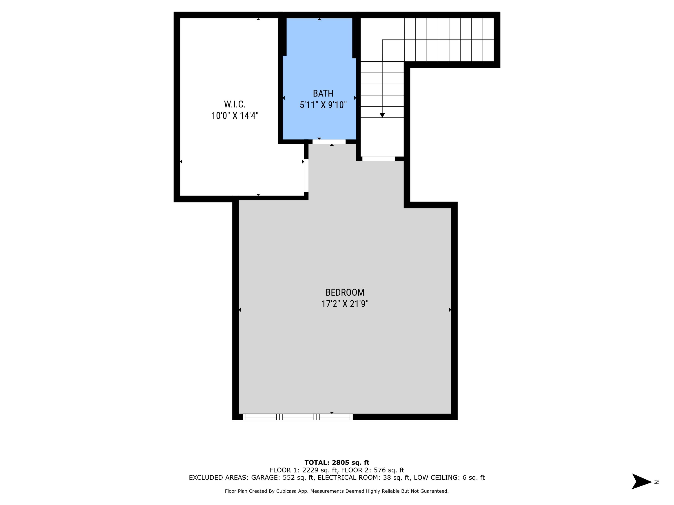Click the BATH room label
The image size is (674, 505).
323,93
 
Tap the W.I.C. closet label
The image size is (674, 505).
235,104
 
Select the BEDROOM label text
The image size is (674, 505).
345,292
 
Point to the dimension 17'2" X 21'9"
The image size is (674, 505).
345,304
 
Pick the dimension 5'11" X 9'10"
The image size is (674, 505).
323,105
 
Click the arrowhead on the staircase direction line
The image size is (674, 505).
382,115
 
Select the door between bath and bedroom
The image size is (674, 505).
329,142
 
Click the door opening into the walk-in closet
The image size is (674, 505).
306,175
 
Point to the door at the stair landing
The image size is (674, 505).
378,159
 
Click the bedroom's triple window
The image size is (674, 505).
298,417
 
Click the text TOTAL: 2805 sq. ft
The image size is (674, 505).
337,463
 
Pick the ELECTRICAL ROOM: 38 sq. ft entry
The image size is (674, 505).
364,477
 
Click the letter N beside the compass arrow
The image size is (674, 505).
657,482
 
